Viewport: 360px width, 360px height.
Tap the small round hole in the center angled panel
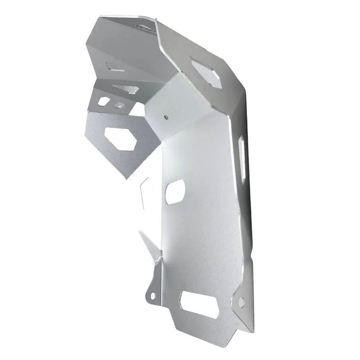(166, 116)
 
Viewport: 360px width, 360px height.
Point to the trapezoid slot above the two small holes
(126, 89)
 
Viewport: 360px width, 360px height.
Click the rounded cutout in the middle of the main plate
(175, 191)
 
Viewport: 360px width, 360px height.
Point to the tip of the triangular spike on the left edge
(140, 232)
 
